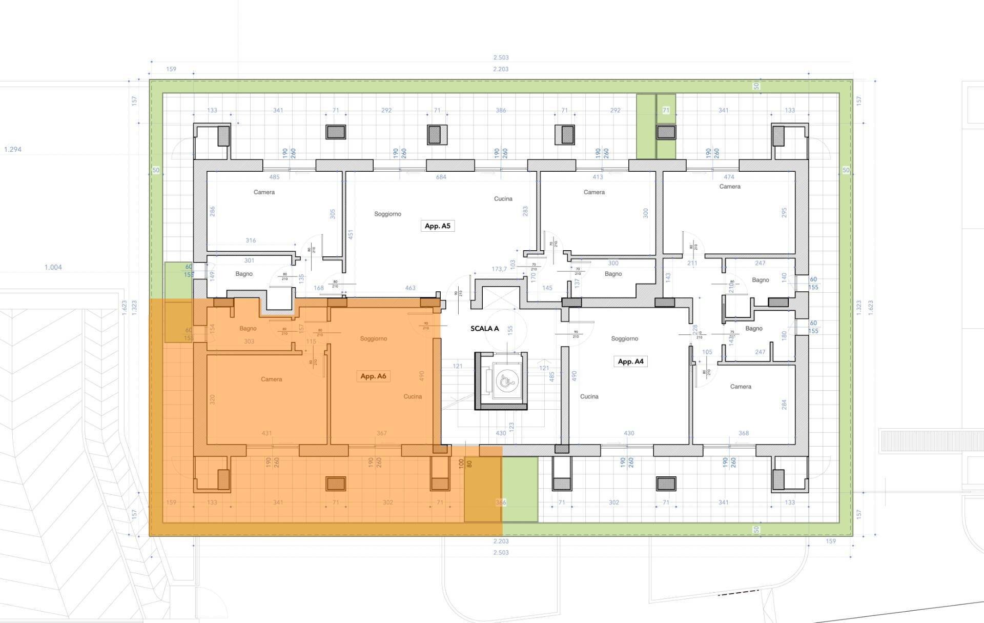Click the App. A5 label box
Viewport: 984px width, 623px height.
pos(437,226)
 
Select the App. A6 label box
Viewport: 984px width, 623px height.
pos(373,376)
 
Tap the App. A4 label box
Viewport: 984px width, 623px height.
pos(630,361)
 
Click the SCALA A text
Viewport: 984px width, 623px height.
pos(484,329)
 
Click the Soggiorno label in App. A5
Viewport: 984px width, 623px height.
pos(387,214)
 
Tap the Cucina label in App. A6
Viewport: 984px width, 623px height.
pos(413,396)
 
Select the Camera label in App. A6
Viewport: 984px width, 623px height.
pos(271,379)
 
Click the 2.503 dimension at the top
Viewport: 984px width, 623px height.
pos(501,57)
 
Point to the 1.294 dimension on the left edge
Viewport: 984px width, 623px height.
pos(13,150)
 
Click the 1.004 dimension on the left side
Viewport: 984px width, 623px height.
pos(53,267)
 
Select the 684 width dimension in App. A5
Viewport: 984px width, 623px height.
pos(441,177)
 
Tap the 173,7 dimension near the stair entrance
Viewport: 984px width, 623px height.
pos(499,269)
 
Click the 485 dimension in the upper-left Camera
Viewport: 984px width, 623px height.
pos(274,177)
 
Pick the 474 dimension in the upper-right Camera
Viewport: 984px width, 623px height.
pos(729,177)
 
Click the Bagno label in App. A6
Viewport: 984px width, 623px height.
pos(248,329)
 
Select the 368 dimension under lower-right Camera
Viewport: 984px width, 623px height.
pos(743,433)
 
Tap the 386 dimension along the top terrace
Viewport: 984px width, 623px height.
pos(501,110)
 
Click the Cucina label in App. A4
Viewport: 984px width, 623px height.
pos(589,396)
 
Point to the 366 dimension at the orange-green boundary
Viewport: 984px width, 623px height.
pos(501,503)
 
